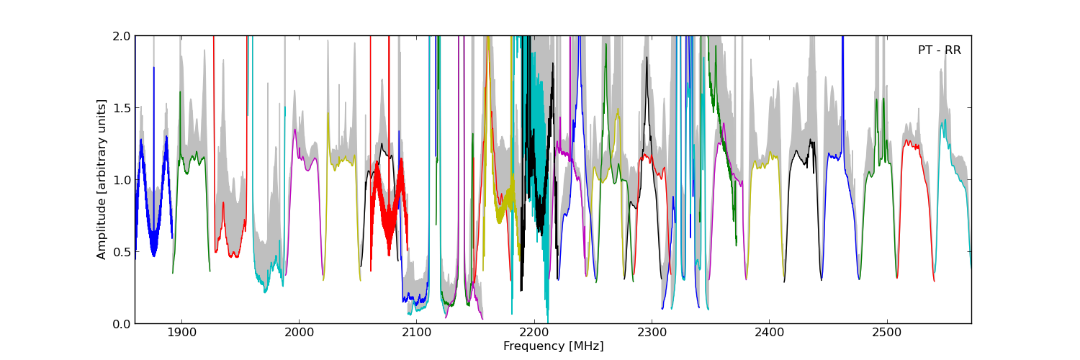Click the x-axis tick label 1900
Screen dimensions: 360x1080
click(x=181, y=334)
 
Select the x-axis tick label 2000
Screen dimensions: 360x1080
click(x=298, y=334)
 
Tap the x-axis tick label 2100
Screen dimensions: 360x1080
click(x=416, y=334)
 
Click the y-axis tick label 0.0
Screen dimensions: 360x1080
click(x=122, y=324)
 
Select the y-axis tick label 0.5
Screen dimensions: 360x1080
click(x=122, y=252)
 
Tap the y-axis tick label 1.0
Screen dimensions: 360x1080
click(x=122, y=180)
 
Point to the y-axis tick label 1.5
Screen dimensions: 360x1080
click(x=122, y=108)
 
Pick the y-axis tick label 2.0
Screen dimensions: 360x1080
click(x=122, y=36)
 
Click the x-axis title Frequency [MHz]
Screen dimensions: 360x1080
click(x=553, y=346)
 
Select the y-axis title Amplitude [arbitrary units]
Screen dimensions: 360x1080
click(x=102, y=179)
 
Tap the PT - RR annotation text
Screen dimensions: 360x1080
click(x=939, y=50)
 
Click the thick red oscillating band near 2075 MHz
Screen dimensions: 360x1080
click(x=389, y=209)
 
